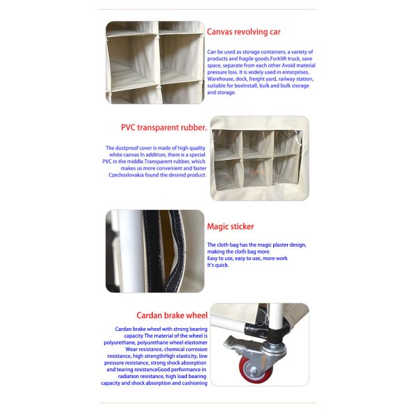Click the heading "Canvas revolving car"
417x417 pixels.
(244, 32)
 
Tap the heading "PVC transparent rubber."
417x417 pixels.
(164, 128)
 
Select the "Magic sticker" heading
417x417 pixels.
(230, 227)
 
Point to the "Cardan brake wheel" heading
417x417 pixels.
(172, 316)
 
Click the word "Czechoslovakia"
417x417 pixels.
(126, 175)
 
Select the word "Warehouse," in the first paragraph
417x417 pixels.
(220, 79)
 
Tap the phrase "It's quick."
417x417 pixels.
(218, 265)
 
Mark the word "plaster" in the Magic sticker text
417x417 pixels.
(278, 245)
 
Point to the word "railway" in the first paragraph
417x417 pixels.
(288, 79)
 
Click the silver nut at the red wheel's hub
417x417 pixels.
(252, 370)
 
